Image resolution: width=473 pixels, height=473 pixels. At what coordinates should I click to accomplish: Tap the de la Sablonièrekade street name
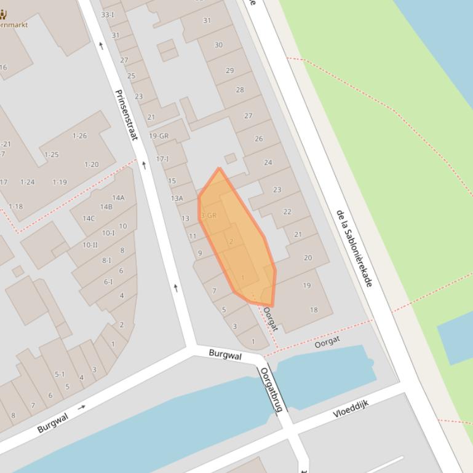354,248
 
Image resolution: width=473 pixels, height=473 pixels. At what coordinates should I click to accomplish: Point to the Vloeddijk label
351,408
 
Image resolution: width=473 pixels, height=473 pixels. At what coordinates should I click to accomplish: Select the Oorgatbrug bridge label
270,389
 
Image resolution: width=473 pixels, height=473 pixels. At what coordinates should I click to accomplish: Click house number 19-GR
159,136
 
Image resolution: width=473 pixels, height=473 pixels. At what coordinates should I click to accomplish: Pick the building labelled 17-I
162,159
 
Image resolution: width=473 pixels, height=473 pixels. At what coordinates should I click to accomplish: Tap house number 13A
177,198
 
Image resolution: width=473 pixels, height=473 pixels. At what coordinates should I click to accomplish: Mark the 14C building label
89,218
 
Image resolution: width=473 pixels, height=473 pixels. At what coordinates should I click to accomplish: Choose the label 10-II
90,245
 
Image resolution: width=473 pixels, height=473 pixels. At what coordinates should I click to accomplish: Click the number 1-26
80,136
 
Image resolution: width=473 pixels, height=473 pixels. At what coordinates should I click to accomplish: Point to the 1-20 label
91,165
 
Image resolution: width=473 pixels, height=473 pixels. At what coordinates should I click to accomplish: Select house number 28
239,90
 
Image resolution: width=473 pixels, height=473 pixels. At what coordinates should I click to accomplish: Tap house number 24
268,163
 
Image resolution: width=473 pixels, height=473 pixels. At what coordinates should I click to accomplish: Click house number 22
287,212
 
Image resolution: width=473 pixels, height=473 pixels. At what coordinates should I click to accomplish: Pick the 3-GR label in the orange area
209,216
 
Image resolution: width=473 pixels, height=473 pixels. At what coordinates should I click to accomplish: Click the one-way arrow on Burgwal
82,407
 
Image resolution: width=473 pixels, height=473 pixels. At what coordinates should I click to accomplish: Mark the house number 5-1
60,374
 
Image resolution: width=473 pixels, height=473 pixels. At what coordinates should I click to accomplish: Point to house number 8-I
107,260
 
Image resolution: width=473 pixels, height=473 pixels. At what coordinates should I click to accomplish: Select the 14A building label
118,198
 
